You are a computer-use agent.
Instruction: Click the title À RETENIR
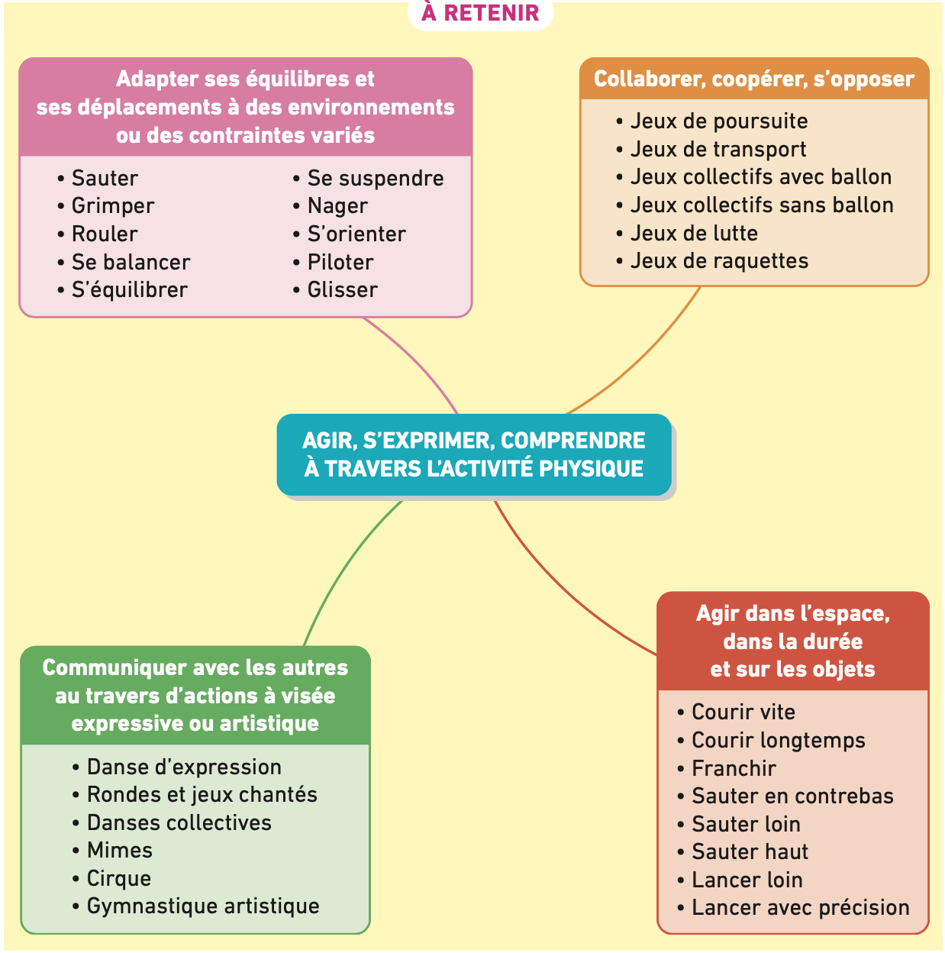(x=480, y=13)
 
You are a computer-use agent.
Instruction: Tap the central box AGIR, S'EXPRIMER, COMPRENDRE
(x=474, y=454)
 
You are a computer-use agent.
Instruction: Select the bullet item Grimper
(x=113, y=206)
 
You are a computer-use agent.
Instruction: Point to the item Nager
(x=337, y=206)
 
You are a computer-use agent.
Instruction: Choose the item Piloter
(x=340, y=263)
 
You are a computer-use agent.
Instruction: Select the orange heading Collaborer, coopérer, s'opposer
(x=754, y=79)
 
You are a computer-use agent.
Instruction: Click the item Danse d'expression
(x=184, y=767)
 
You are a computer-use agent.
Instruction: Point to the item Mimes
(x=120, y=851)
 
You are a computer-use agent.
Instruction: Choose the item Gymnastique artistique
(x=203, y=906)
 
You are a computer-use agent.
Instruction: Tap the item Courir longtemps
(x=779, y=741)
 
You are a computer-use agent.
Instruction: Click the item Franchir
(x=734, y=769)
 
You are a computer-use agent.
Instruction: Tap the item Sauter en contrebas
(x=792, y=796)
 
